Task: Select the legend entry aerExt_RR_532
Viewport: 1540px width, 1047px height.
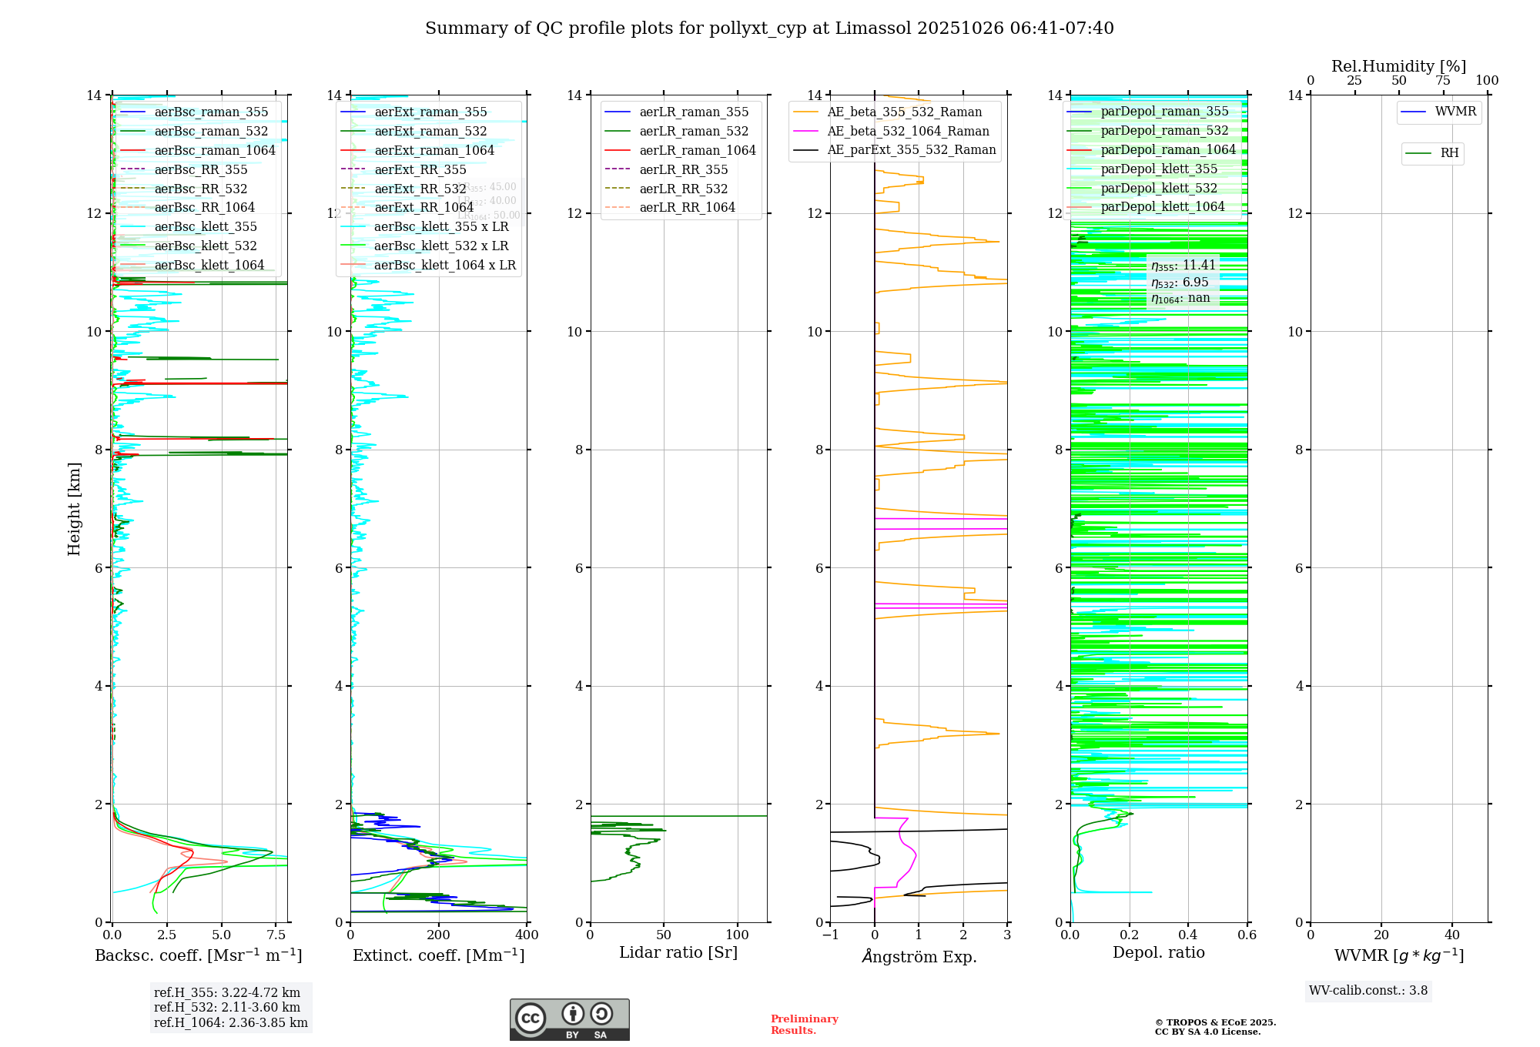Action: (420, 189)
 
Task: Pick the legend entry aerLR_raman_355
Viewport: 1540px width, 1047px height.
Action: (694, 112)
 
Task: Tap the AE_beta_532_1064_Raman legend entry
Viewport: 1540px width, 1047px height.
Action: (908, 131)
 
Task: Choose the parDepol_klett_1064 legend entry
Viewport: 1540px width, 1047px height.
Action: (1162, 206)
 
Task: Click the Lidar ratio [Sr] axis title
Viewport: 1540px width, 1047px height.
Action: (678, 952)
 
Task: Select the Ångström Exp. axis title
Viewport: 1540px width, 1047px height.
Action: (919, 956)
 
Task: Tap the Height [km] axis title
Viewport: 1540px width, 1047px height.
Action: (74, 508)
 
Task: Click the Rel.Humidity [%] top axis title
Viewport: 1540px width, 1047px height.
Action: (1398, 66)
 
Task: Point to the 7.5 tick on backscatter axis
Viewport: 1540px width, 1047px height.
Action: (276, 935)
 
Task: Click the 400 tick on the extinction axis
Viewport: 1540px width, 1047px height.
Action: (527, 935)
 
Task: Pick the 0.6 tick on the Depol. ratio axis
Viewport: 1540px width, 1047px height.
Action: (1247, 935)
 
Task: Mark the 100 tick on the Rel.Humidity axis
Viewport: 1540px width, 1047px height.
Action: (1487, 80)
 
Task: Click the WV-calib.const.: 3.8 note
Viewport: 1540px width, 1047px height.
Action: (1368, 990)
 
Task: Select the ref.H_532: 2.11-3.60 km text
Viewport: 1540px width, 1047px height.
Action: (227, 1007)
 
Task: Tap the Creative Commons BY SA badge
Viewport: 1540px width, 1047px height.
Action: (569, 1019)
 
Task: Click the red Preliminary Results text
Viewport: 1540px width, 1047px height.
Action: (804, 1024)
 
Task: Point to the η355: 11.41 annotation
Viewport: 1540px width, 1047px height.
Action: (1183, 266)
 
